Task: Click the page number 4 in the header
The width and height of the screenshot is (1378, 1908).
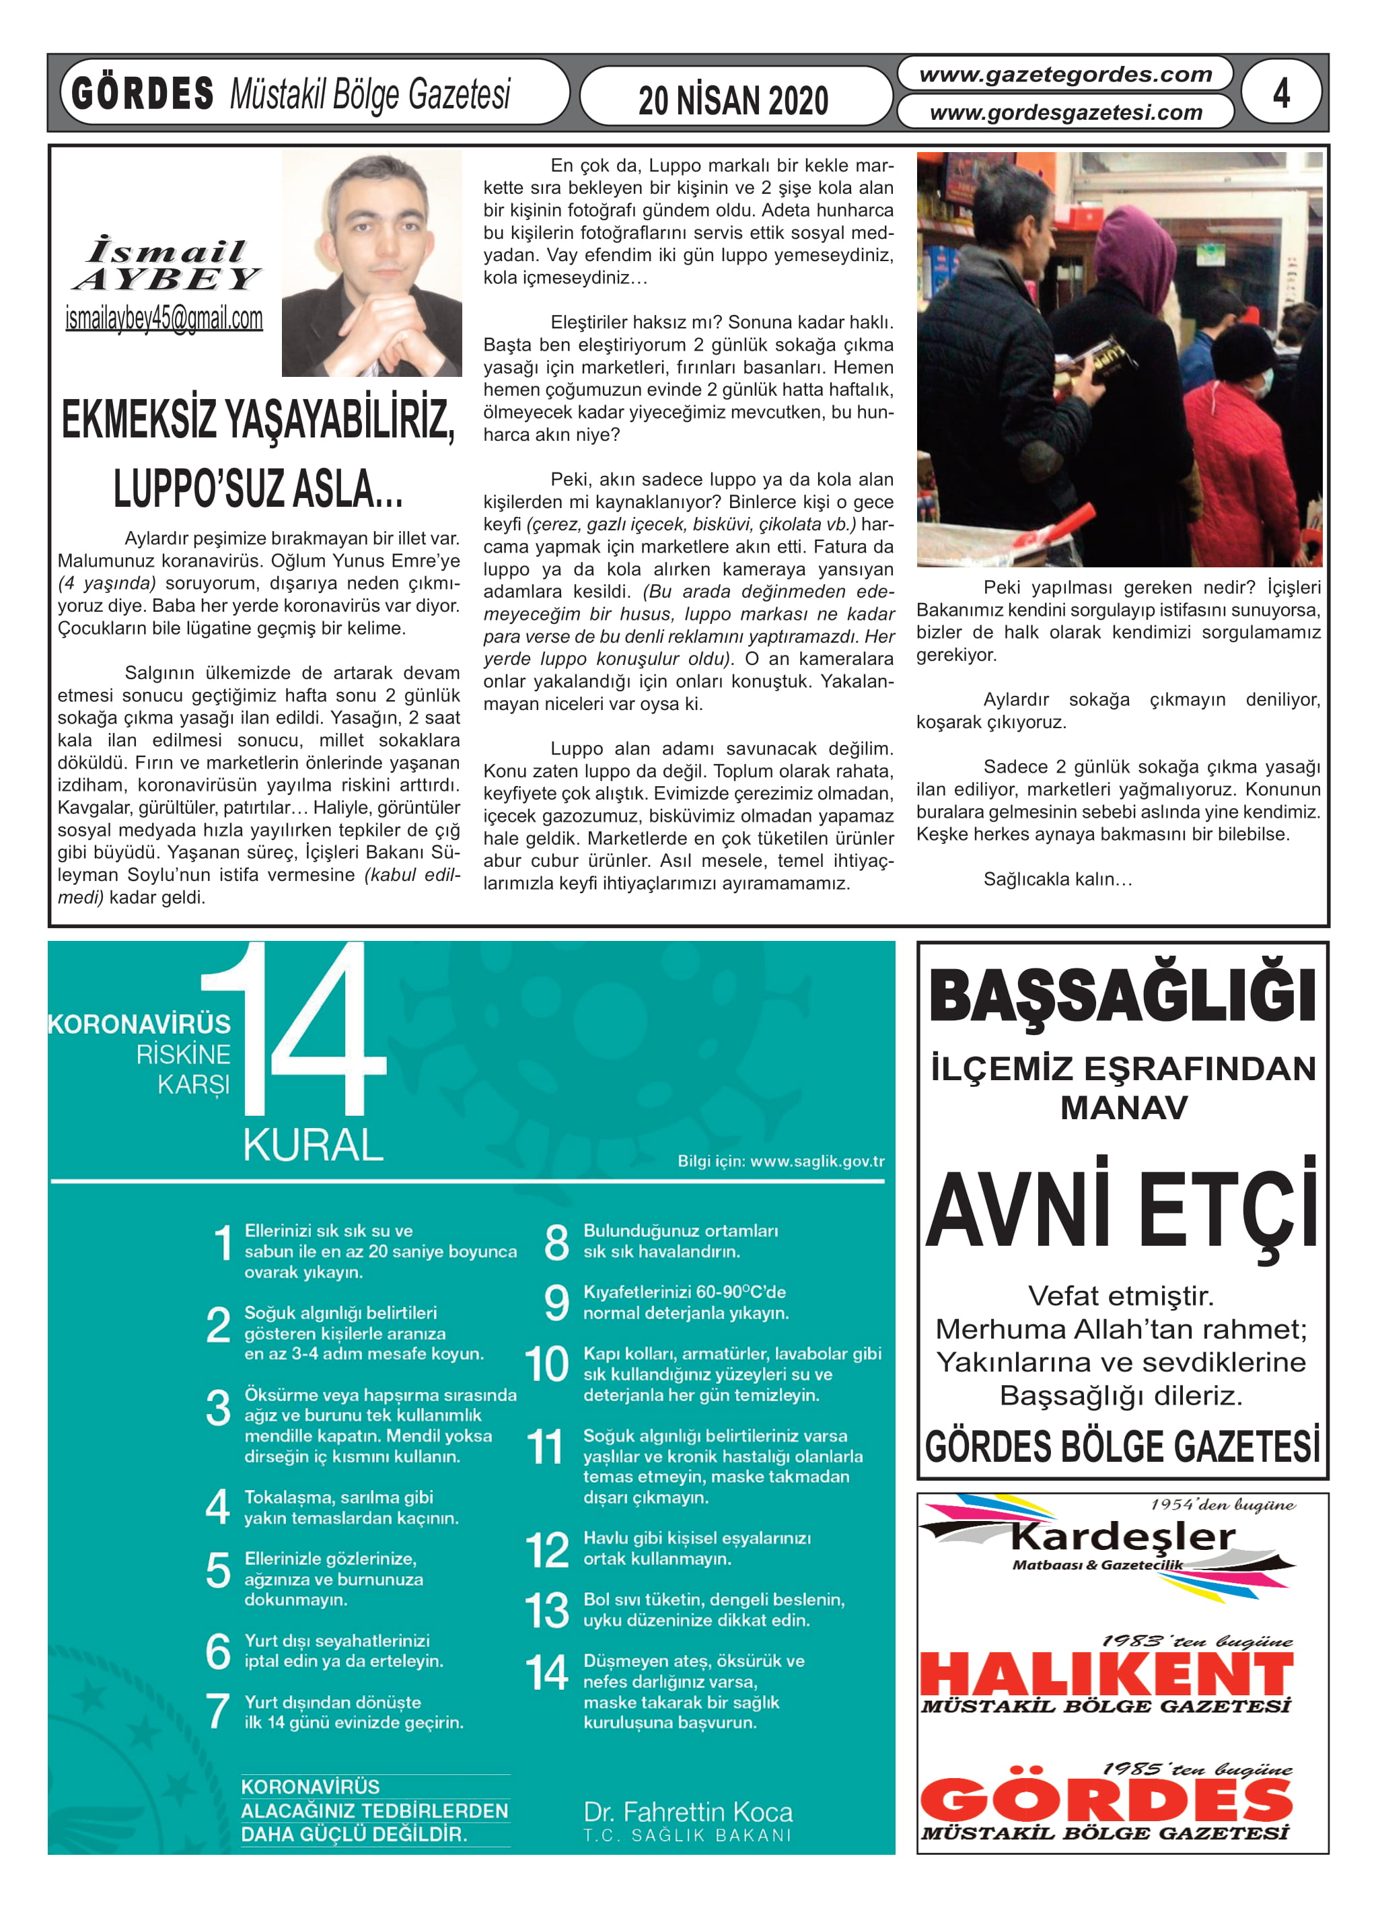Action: coord(1280,93)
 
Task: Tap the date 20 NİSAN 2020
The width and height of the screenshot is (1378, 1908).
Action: coord(733,101)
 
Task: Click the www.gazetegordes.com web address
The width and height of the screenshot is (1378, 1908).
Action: coord(1065,75)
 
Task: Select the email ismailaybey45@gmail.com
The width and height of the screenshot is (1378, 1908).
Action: coord(164,319)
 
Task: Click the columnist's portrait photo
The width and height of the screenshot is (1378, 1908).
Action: coord(372,264)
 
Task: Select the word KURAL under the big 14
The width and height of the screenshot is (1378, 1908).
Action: coord(313,1145)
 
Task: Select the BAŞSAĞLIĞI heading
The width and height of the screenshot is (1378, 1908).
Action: coord(1122,996)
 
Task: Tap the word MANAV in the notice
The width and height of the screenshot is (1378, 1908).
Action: coord(1123,1107)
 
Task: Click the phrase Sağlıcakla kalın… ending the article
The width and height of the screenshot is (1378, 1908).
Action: coord(1058,879)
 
